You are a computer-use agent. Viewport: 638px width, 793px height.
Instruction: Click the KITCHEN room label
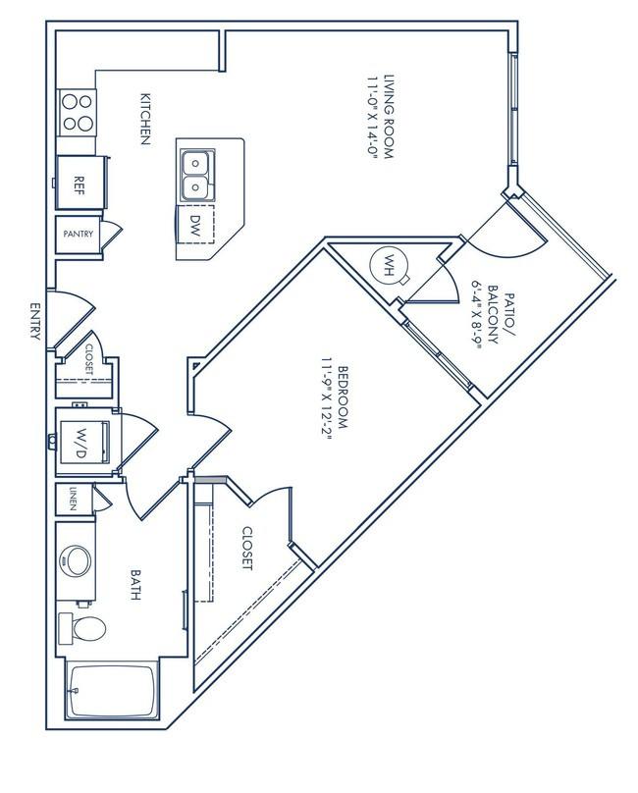pyautogui.click(x=144, y=119)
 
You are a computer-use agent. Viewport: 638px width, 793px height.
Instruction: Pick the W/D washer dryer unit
pyautogui.click(x=80, y=440)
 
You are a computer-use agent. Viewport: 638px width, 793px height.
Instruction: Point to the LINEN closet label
pyautogui.click(x=73, y=501)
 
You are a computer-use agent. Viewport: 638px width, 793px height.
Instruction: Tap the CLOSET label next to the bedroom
pyautogui.click(x=246, y=549)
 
